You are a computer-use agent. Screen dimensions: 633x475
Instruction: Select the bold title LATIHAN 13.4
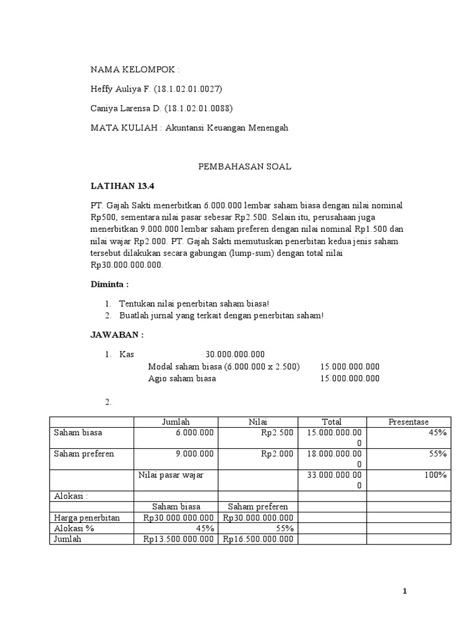[x=115, y=185]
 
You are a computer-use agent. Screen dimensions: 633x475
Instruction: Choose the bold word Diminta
[x=110, y=284]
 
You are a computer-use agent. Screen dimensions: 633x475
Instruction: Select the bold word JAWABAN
[x=117, y=335]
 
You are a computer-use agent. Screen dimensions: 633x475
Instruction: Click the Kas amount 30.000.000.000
[x=235, y=354]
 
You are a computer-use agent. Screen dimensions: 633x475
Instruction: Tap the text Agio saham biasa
[x=182, y=378]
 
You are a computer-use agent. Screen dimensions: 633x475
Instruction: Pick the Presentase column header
[x=408, y=422]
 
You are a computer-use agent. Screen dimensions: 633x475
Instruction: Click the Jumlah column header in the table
[x=176, y=422]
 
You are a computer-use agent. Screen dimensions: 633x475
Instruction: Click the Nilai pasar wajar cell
[x=170, y=475]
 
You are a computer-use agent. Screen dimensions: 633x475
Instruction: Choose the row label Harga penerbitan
[x=87, y=517]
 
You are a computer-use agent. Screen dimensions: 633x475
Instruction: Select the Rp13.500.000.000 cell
[x=179, y=539]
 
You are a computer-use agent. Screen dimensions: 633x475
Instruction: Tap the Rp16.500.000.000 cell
[x=258, y=539]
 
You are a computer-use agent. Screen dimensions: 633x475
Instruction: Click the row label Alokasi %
[x=77, y=529]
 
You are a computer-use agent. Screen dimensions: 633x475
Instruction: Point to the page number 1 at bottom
[x=404, y=592]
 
